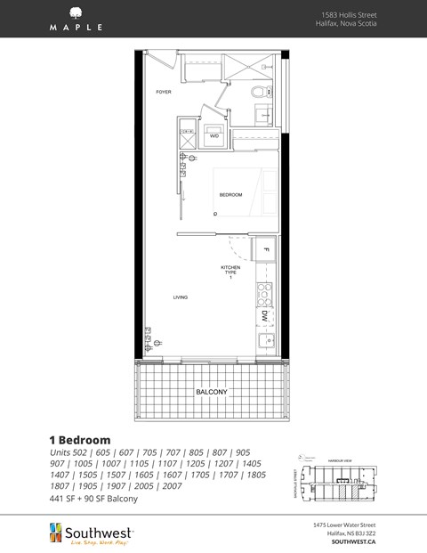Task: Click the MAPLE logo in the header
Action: click(x=76, y=19)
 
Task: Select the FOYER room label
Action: click(x=163, y=92)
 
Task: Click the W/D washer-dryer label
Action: click(x=214, y=136)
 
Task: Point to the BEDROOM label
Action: click(x=231, y=195)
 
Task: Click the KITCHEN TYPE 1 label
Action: click(x=231, y=271)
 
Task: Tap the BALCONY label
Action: click(x=212, y=392)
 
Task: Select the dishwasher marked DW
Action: click(x=265, y=316)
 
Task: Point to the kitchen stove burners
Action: click(x=264, y=290)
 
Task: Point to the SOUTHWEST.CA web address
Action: click(x=353, y=541)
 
